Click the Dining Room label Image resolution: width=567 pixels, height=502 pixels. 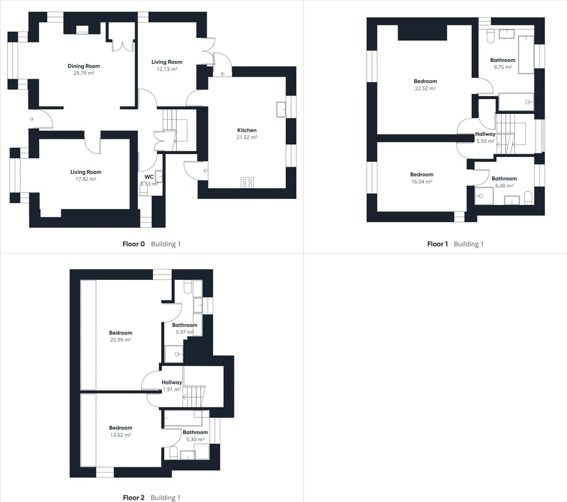[x=84, y=66]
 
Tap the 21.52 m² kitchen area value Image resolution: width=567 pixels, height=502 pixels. [x=247, y=137]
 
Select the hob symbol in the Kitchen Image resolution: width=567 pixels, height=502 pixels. [x=247, y=182]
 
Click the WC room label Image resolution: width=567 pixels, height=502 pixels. [x=149, y=177]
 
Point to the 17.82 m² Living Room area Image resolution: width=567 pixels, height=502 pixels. [x=84, y=179]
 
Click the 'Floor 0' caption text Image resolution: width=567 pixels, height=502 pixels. [x=133, y=244]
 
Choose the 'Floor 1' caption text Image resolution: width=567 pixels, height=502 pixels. [x=438, y=244]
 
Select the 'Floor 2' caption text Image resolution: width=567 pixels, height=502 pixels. [x=133, y=498]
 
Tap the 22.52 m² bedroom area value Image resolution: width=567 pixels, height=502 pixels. [x=425, y=89]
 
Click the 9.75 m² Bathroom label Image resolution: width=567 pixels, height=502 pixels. [x=503, y=60]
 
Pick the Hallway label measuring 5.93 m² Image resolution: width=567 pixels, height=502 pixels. [x=485, y=134]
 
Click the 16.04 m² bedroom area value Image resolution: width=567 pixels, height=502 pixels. [x=422, y=182]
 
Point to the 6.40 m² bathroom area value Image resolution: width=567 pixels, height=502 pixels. [x=504, y=185]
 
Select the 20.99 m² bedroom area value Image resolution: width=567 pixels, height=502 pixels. [x=120, y=340]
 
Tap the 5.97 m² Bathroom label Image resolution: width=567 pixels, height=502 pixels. [x=184, y=325]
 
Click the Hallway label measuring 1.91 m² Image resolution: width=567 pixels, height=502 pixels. [x=172, y=383]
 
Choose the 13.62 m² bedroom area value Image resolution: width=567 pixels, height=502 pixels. [x=120, y=435]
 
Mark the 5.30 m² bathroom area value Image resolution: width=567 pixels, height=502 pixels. [x=195, y=439]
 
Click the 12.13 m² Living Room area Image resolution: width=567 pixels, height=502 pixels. [x=167, y=69]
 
